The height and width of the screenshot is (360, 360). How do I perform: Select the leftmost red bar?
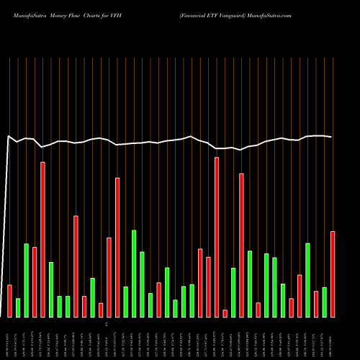9,300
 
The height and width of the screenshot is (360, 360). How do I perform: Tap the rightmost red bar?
333,274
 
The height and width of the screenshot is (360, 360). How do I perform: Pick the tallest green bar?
134,273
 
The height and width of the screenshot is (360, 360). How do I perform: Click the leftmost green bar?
18,307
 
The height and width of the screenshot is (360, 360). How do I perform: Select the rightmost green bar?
325,302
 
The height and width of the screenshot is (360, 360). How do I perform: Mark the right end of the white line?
332,137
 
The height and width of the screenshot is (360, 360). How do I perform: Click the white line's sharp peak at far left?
9,136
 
